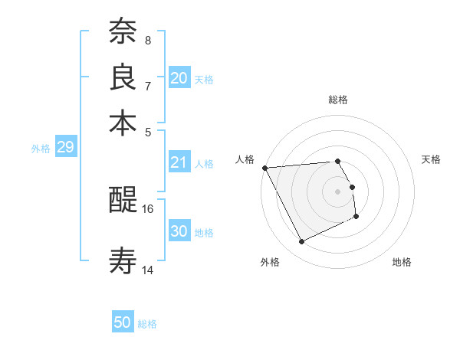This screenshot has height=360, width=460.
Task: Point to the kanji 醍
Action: (x=123, y=201)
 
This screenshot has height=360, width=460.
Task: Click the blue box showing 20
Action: (x=179, y=78)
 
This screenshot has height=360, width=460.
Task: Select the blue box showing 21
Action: (x=179, y=162)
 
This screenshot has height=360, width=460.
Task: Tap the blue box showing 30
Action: (x=179, y=232)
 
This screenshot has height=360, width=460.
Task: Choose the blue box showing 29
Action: (x=65, y=148)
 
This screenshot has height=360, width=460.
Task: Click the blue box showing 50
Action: (x=123, y=323)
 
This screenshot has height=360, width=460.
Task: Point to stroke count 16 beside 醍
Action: (x=148, y=208)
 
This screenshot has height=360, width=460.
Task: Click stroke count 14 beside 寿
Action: (x=148, y=270)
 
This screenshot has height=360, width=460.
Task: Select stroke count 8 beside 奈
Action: (x=148, y=40)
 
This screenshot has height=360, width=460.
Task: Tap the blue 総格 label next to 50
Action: (x=147, y=324)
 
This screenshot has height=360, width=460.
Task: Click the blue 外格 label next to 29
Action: (x=40, y=149)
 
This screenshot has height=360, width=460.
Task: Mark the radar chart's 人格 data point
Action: (x=264, y=168)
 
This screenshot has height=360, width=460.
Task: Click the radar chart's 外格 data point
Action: (x=301, y=242)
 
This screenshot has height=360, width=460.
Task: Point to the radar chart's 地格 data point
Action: (x=357, y=218)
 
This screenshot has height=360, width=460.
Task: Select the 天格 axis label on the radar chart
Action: (x=431, y=159)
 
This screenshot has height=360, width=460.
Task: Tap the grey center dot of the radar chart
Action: (x=337, y=191)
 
